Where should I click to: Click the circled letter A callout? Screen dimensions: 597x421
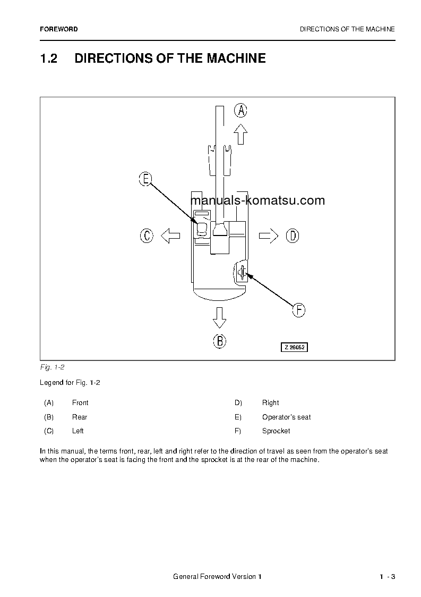click(241, 111)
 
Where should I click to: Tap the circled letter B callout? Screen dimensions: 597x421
click(220, 341)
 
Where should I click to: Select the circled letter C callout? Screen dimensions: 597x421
click(147, 236)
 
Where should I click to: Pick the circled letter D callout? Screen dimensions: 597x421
click(293, 236)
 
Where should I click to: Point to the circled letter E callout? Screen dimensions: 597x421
click(145, 179)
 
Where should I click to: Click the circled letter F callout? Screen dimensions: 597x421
click(299, 310)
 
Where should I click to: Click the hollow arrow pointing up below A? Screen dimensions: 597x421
click(241, 134)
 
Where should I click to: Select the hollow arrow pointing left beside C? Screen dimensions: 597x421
click(170, 236)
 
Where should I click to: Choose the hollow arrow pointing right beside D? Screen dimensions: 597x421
click(269, 236)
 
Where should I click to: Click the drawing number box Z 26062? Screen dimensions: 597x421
click(294, 347)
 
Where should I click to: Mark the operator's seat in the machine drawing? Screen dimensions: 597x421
click(202, 229)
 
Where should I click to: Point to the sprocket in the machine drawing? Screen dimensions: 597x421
click(242, 273)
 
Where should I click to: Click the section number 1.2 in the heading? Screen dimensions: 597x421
click(48, 58)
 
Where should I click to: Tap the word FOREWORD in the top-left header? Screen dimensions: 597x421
click(58, 29)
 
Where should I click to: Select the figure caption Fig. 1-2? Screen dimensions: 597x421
click(52, 367)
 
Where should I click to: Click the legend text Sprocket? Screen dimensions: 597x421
click(276, 431)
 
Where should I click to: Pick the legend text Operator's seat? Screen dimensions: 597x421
click(286, 417)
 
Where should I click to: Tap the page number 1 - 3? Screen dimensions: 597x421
click(387, 577)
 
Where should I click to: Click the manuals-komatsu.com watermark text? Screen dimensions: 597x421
click(257, 200)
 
